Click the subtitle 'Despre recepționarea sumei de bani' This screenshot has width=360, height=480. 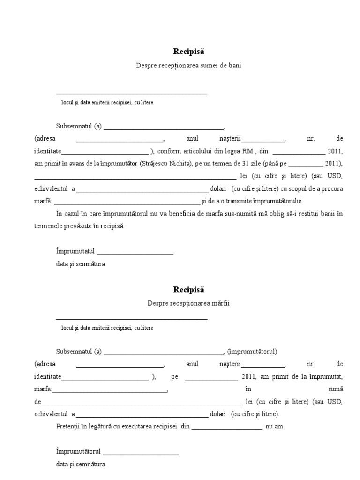[x=188, y=66]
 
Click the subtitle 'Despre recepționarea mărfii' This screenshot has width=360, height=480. [x=188, y=303]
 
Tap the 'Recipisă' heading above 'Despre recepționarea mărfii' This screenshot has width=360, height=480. [x=188, y=290]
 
